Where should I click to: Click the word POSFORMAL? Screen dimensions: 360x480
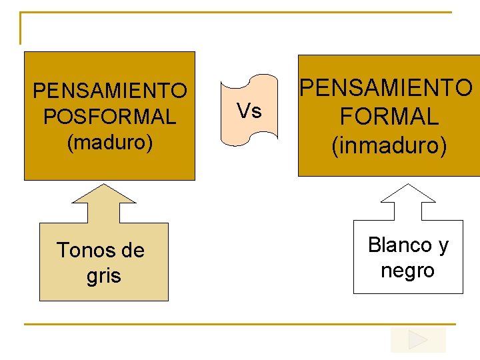pos(109,117)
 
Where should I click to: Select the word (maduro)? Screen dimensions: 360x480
pos(109,142)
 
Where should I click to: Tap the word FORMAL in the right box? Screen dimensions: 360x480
pos(389,117)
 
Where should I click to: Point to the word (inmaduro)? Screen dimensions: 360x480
pos(389,145)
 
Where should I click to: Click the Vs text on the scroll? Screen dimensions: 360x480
pos(249,110)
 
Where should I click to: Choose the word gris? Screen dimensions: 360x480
pos(104,275)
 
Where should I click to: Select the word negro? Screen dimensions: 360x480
pos(407,270)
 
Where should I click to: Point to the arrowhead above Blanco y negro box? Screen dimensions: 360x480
pos(407,194)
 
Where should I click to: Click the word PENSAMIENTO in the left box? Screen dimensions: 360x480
pos(109,90)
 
